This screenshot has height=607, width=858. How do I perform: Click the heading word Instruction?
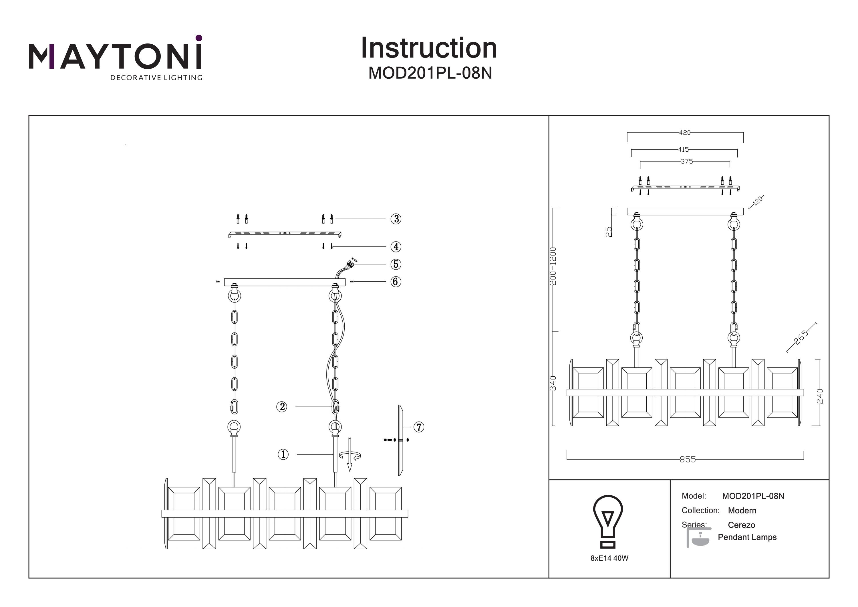tap(429, 48)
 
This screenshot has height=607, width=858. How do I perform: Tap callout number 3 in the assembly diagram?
tap(396, 219)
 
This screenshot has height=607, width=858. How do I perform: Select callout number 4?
tap(396, 247)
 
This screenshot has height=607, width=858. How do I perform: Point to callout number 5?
tap(396, 264)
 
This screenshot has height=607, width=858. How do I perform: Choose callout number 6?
tap(396, 282)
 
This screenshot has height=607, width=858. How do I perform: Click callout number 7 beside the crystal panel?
tap(419, 427)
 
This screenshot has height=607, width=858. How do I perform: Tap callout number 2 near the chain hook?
tap(282, 407)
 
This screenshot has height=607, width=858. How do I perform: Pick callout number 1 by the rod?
tap(283, 454)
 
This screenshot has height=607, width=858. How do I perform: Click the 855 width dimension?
tap(687, 459)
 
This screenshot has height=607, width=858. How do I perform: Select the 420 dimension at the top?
tap(685, 133)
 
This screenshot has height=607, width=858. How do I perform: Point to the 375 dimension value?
tap(686, 162)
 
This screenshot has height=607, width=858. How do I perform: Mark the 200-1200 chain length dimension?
tap(553, 266)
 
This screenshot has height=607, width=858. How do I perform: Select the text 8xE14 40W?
tap(609, 558)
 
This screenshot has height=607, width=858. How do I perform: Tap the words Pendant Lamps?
tap(747, 537)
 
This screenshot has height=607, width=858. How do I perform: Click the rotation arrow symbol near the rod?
tap(350, 455)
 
